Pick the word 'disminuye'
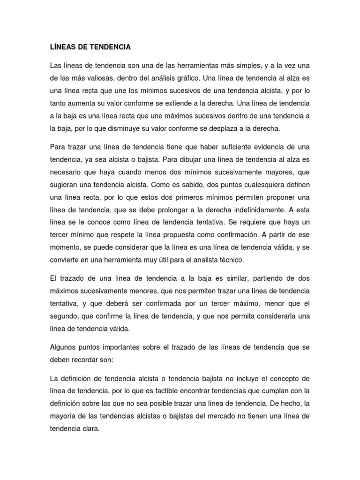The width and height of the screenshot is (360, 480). [113, 128]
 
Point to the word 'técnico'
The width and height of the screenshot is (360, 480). [240, 259]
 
